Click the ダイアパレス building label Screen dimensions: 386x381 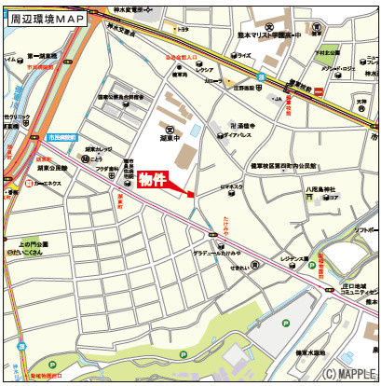tap(238, 133)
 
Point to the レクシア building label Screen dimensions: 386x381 tap(205, 69)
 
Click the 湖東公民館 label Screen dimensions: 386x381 tap(50, 169)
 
